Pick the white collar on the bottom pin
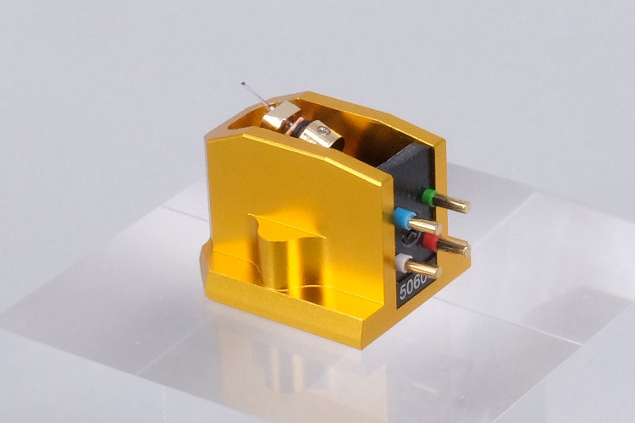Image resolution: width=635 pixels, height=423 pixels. [x=403, y=262]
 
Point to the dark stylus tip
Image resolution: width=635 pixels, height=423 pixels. [x=243, y=84]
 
